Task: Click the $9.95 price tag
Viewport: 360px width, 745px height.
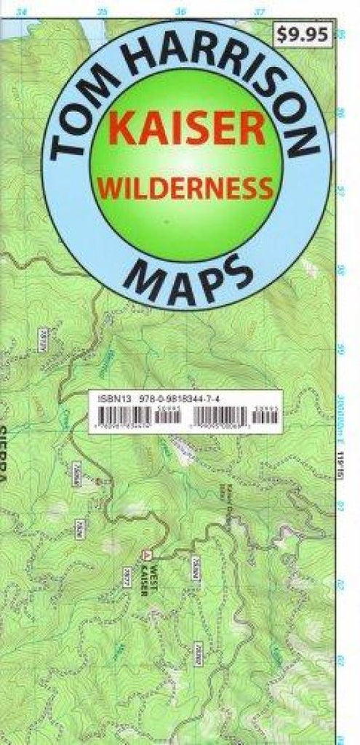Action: tap(303, 33)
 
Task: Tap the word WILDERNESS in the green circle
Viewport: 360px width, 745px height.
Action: tap(185, 189)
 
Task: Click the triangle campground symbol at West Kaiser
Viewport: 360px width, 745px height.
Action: tap(148, 554)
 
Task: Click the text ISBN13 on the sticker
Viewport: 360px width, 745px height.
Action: tap(103, 399)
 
